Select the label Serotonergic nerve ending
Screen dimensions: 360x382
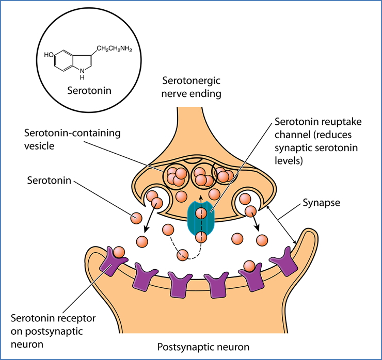[x=192, y=87]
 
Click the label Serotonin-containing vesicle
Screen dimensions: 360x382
[x=72, y=140]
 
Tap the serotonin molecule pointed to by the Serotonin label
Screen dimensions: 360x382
[x=136, y=218]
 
